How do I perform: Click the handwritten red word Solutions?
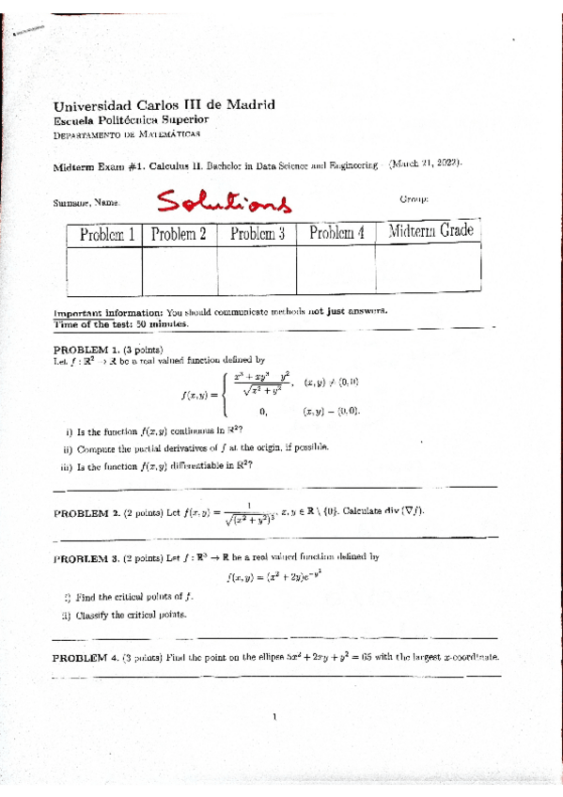(224, 200)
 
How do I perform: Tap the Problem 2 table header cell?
(179, 233)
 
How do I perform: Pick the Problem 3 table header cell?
(257, 233)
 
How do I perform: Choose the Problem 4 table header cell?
(336, 232)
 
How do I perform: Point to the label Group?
(414, 199)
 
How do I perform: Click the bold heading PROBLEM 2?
(85, 512)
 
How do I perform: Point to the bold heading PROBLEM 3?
(85, 557)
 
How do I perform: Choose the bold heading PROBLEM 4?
(84, 657)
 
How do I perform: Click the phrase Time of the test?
(94, 324)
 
